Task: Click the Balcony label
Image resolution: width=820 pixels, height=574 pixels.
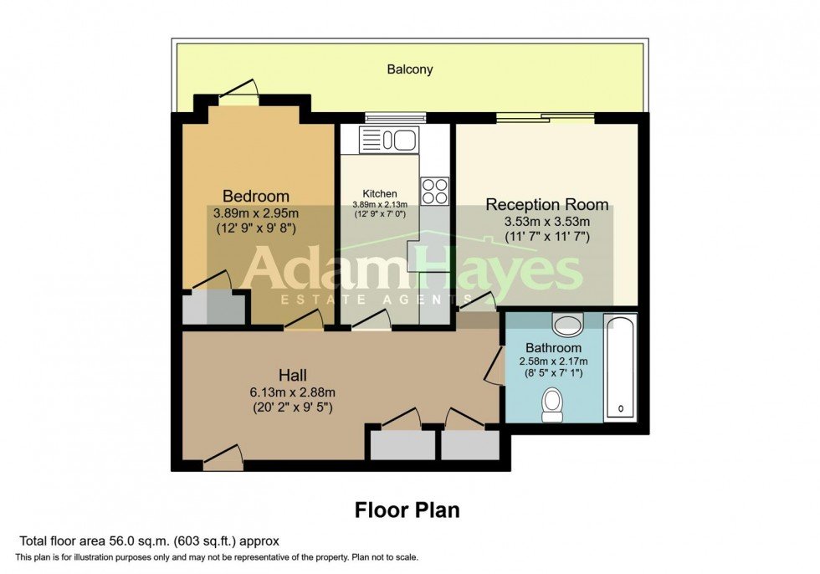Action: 409,69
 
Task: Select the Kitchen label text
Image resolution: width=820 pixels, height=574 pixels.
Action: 379,193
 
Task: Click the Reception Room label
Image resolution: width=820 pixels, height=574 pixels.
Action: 547,205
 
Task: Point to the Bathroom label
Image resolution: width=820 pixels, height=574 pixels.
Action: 553,348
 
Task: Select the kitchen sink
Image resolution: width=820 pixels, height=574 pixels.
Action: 389,139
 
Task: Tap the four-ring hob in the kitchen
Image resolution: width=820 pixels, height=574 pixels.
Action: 434,192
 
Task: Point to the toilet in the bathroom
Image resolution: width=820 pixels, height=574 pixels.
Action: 553,405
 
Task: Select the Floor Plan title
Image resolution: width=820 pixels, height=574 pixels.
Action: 407,510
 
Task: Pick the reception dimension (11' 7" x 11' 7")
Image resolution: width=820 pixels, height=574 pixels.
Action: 547,237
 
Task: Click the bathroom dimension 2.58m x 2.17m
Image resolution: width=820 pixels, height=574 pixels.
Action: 553,361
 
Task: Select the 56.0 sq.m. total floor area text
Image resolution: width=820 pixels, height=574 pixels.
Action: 150,541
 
